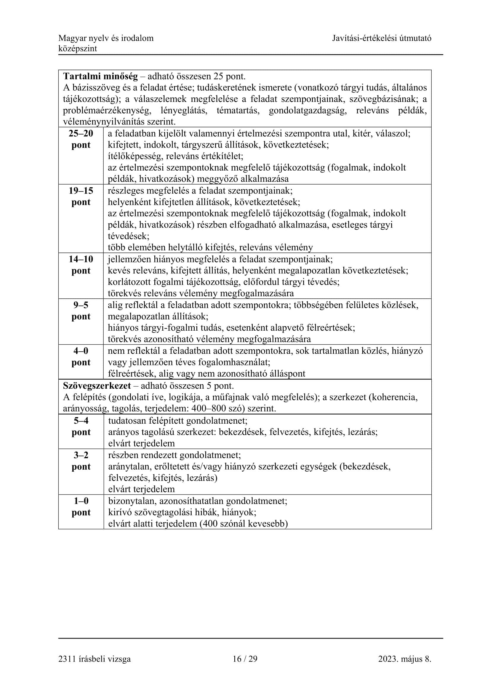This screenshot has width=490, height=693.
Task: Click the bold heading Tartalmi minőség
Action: pyautogui.click(x=100, y=76)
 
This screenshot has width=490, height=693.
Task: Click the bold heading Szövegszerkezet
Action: pyautogui.click(x=97, y=385)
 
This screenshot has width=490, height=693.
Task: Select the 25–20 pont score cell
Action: pyautogui.click(x=81, y=139)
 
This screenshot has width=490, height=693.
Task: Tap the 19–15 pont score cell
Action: pyautogui.click(x=81, y=196)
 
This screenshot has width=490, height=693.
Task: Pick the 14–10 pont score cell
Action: pyautogui.click(x=81, y=265)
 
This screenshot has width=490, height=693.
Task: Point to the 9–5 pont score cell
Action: pyautogui.click(x=81, y=311)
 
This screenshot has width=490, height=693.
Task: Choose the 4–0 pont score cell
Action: pyautogui.click(x=81, y=357)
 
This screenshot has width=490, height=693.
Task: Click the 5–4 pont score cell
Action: pyautogui.click(x=81, y=426)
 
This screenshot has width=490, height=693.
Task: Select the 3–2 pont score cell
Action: pyautogui.click(x=81, y=461)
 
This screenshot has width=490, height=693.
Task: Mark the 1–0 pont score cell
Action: pyautogui.click(x=81, y=507)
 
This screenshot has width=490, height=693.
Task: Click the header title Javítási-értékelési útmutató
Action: pyautogui.click(x=382, y=38)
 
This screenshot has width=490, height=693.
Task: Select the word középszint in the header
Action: pyautogui.click(x=78, y=49)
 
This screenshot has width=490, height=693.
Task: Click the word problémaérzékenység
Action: pyautogui.click(x=107, y=111)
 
